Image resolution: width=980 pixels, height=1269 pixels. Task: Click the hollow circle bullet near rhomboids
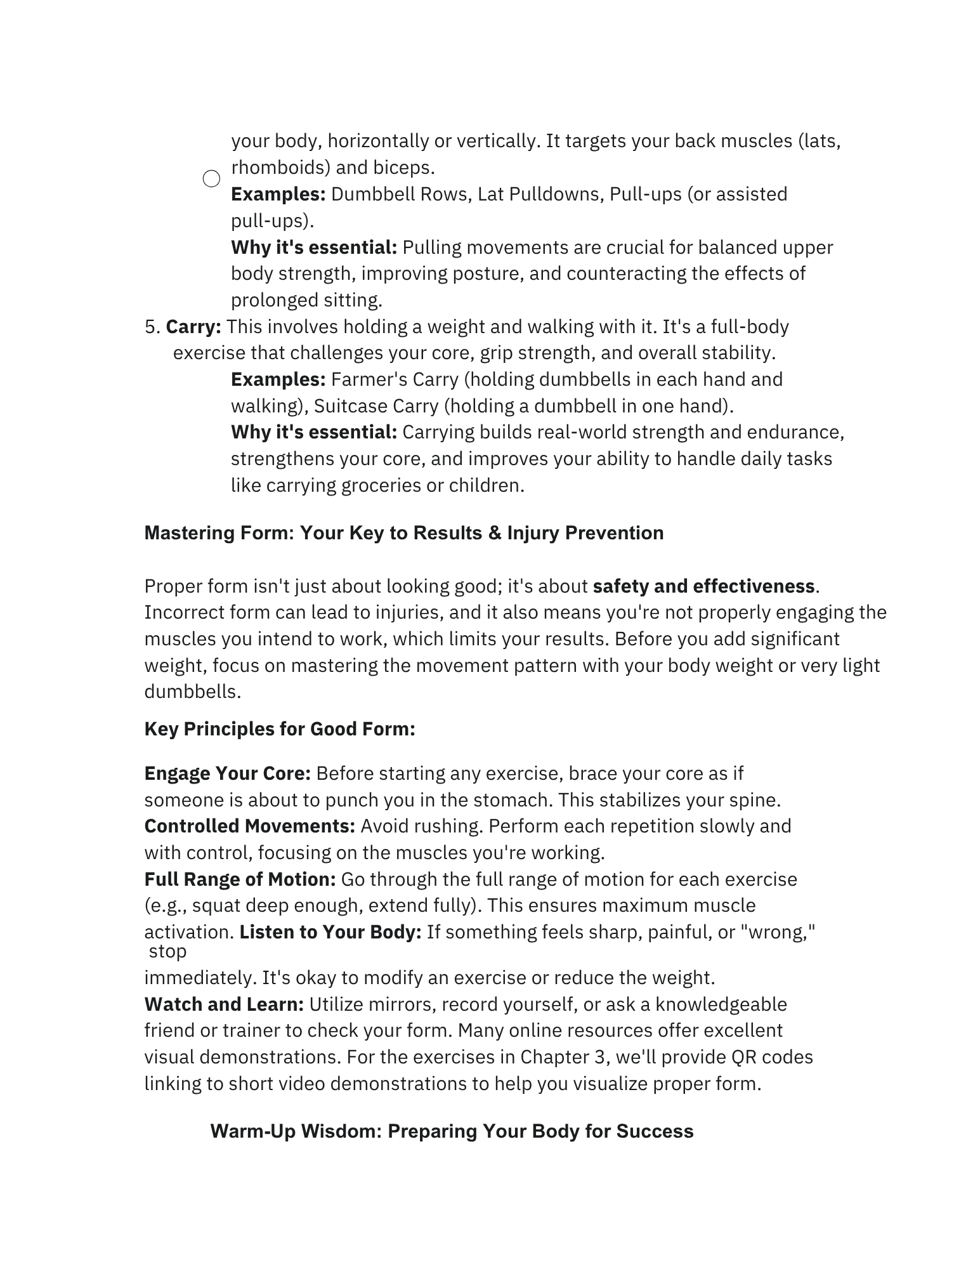[211, 179]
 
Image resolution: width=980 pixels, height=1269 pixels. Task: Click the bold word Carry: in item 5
[193, 327]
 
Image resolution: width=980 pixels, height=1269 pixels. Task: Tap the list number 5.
[152, 327]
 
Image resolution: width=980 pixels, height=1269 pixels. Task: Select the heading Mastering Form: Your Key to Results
[403, 533]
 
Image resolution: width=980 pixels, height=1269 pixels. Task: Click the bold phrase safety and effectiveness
[703, 586]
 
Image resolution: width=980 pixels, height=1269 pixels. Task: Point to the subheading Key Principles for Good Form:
[280, 729]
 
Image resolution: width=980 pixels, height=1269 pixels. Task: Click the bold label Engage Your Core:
[227, 773]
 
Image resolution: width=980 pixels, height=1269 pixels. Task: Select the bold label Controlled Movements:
[250, 826]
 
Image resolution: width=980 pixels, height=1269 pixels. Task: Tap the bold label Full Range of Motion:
[240, 879]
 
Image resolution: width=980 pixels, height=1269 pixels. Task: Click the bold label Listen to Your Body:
[330, 932]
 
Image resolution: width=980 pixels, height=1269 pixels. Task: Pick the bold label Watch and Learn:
[224, 1004]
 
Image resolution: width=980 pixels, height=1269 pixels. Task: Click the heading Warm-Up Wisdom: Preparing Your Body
[452, 1131]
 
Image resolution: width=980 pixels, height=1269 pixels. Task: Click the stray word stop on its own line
[167, 952]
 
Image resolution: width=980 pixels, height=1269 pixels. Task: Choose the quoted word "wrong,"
[778, 932]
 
